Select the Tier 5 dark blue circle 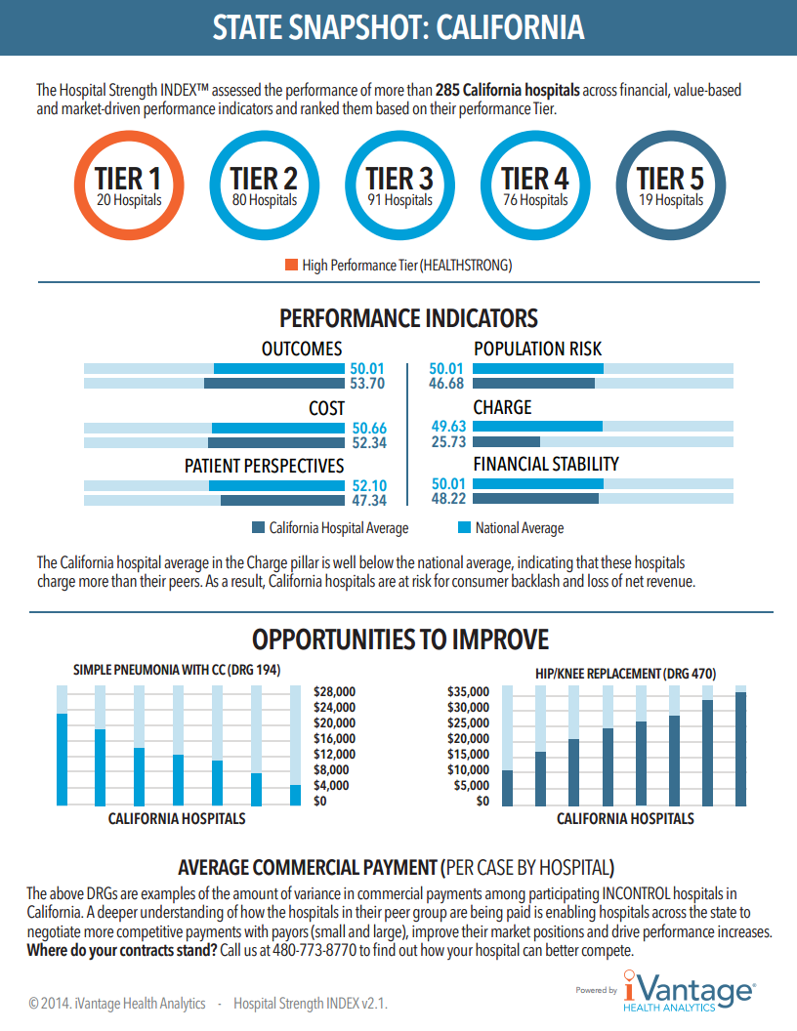point(670,186)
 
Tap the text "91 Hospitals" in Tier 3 point(399,200)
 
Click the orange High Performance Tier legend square point(291,265)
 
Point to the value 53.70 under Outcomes point(367,384)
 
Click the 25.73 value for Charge point(448,442)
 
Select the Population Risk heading point(537,349)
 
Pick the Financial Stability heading point(546,464)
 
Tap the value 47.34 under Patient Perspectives point(367,500)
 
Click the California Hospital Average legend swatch point(258,528)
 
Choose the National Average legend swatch point(464,528)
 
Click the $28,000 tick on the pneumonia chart point(334,691)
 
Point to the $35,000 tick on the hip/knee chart point(467,691)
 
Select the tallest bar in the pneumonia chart point(62,760)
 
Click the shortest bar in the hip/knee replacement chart point(507,787)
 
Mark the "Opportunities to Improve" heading point(399,639)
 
